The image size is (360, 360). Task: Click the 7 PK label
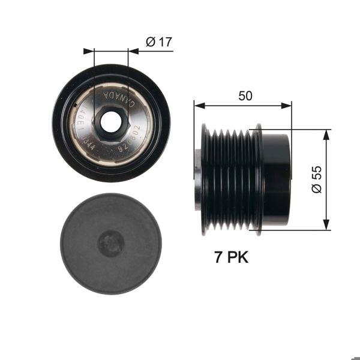[x=231, y=257]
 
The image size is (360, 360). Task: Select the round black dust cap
[x=110, y=243]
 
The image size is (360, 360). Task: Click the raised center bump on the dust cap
[x=111, y=243]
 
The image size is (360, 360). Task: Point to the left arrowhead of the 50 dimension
[x=199, y=106]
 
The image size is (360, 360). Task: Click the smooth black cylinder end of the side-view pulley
[x=277, y=178]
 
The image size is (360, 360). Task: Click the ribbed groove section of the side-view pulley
[x=231, y=178]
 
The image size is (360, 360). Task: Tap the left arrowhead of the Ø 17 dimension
[x=90, y=51]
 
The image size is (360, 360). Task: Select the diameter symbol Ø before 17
[x=151, y=41]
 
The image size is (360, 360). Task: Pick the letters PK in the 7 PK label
[x=238, y=257]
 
